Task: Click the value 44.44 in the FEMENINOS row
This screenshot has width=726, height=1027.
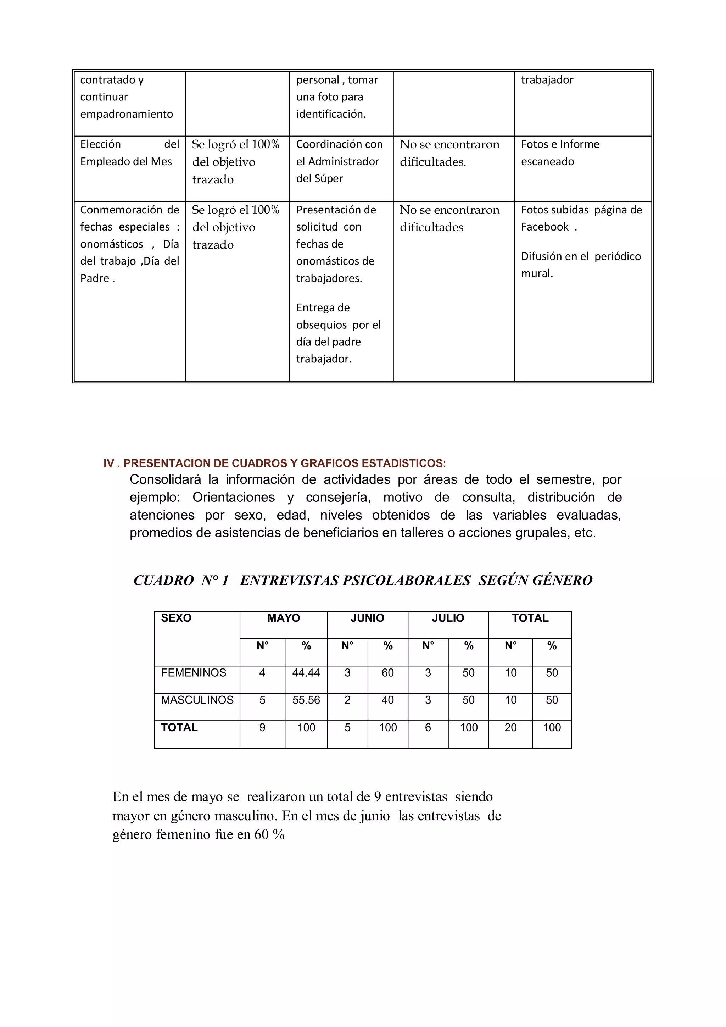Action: pos(306,673)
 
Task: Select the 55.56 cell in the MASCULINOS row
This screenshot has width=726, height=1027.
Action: pos(306,700)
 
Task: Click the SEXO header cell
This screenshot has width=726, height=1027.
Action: pos(176,618)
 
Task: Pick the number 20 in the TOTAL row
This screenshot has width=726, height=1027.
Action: pos(510,727)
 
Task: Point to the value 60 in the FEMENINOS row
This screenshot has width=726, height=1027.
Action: pos(387,673)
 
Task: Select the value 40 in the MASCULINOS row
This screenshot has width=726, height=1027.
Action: pos(387,700)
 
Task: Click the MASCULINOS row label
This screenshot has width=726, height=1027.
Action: pos(197,700)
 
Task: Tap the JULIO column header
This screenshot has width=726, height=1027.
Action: pos(448,618)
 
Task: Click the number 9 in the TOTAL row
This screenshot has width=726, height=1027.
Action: pos(262,727)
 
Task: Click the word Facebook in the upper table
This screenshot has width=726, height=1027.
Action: pos(544,227)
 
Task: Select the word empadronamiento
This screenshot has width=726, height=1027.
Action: pos(127,114)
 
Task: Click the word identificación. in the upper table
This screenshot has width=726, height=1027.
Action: pos(331,114)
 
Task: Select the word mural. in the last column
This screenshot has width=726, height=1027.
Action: pos(537,273)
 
